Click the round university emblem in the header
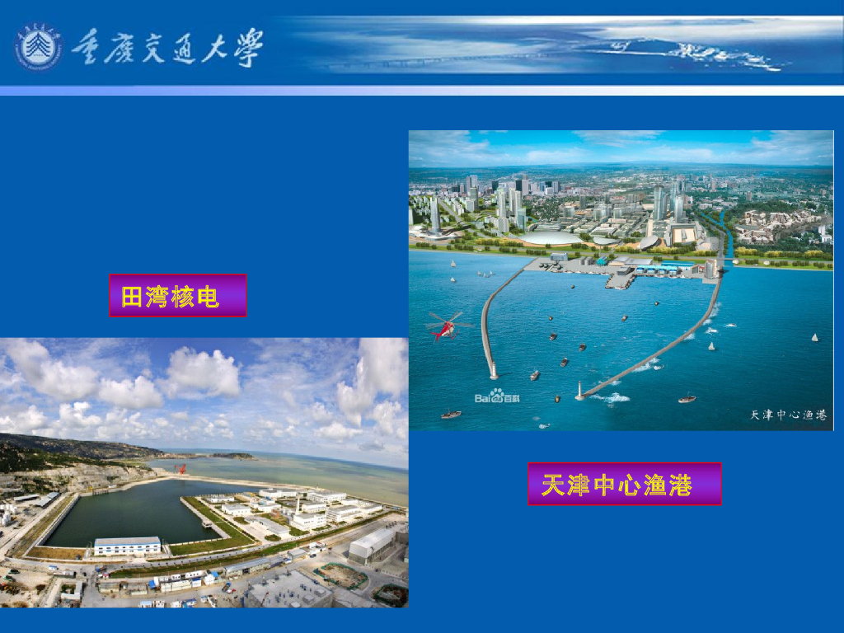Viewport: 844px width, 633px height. [38, 46]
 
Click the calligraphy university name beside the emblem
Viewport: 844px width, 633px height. [166, 47]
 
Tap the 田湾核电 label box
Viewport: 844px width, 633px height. [177, 295]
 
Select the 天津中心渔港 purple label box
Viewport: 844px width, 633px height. [624, 484]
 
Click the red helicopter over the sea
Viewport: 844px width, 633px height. [446, 327]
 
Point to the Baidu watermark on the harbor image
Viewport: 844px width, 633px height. [502, 397]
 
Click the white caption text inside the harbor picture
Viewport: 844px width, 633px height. [787, 415]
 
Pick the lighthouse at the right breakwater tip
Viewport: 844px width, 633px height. [580, 389]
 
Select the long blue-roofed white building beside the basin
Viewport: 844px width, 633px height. [128, 546]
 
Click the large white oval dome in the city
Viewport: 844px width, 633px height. [550, 238]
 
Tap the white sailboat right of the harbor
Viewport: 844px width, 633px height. [814, 337]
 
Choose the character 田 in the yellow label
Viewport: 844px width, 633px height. [133, 296]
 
